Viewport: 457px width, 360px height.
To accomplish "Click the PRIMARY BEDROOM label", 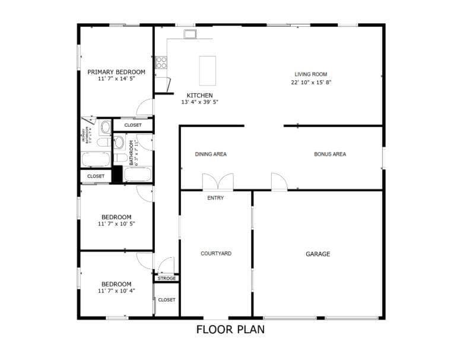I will (116, 72).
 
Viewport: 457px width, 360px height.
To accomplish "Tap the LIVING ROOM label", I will (310, 74).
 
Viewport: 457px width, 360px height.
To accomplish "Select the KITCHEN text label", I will (199, 95).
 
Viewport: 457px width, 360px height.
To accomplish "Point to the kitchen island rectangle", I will (207, 71).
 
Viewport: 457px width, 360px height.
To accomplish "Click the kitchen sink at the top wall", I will (190, 34).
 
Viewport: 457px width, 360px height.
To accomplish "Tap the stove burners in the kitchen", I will (161, 61).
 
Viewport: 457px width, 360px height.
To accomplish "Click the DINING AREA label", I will (211, 154).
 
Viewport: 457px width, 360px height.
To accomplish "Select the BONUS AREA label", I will (330, 154).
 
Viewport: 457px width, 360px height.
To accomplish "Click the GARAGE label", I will (318, 254).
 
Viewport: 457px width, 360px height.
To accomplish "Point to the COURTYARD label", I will (216, 254).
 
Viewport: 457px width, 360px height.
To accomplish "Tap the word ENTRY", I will (215, 198).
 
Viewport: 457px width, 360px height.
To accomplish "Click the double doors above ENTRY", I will (218, 182).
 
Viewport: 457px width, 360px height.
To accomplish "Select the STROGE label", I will (167, 278).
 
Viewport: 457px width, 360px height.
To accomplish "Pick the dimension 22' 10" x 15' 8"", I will (310, 82).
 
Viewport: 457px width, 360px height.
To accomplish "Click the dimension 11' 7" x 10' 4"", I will (116, 291).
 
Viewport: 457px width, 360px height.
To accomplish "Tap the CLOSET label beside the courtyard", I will (167, 299).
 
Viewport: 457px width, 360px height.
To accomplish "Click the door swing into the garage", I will (279, 182).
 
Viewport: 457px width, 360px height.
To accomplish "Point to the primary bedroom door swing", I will (145, 108).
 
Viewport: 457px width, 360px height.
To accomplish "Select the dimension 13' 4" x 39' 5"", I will (199, 102).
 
